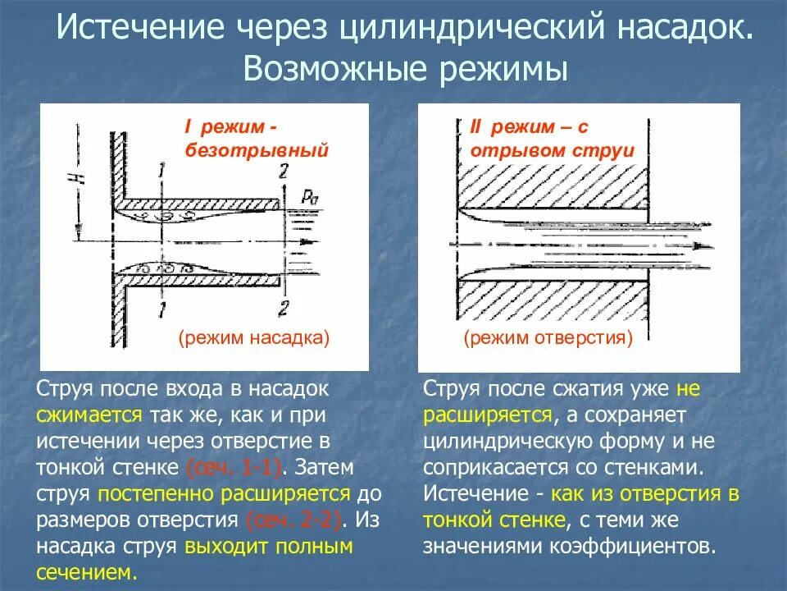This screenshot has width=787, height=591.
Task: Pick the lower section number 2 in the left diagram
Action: [x=284, y=309]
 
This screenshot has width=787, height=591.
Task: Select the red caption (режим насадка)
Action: [x=253, y=337]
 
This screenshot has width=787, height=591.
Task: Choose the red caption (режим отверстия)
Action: [x=548, y=337]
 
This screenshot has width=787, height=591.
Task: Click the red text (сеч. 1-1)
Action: [x=234, y=467]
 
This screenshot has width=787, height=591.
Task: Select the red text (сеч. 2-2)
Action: [x=295, y=520]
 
